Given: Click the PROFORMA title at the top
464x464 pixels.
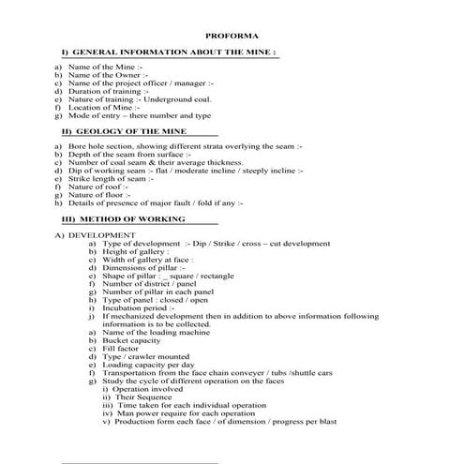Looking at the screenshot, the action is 232,34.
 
